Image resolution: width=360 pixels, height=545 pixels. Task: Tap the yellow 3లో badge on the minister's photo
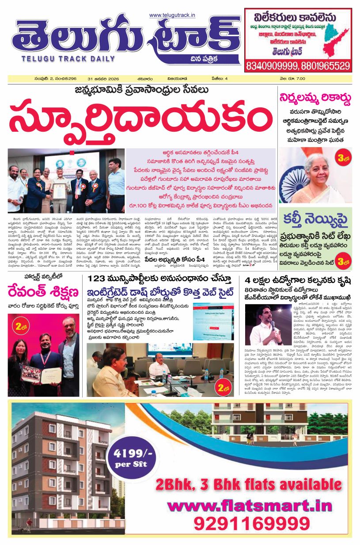click(342, 158)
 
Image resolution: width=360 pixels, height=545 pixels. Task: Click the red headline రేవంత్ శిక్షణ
click(43, 292)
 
